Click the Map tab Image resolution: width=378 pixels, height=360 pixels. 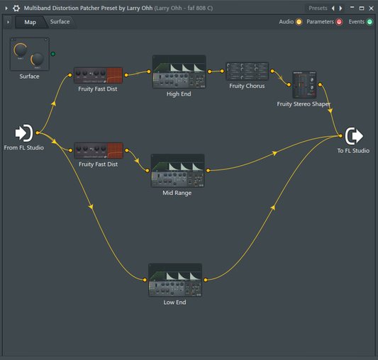(30, 23)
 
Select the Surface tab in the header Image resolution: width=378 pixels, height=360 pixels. (60, 22)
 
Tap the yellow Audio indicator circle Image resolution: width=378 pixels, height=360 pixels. (299, 22)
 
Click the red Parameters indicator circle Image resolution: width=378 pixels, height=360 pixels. (339, 22)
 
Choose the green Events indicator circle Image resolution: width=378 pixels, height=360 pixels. (369, 22)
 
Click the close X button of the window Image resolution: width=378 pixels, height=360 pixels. (371, 9)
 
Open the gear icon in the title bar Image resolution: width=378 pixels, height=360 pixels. (16, 9)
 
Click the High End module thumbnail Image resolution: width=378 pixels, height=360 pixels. (179, 72)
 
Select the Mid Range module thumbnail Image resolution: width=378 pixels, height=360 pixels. (178, 171)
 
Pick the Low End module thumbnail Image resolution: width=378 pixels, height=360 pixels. (175, 280)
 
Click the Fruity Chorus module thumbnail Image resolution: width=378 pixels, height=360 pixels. (247, 71)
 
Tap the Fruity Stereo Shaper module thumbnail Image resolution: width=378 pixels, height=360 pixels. (304, 84)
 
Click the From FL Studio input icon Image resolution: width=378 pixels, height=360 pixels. (24, 133)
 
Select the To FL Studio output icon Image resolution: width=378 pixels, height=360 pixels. (354, 136)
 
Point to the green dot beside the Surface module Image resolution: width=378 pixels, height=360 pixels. (53, 54)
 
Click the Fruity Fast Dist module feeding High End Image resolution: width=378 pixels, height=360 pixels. (98, 75)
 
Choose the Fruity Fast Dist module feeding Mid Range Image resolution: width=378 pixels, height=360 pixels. (99, 151)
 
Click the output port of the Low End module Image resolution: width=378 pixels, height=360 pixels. (206, 280)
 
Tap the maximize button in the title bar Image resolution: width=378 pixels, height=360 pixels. (362, 9)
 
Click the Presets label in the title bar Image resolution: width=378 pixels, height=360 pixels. (318, 9)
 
